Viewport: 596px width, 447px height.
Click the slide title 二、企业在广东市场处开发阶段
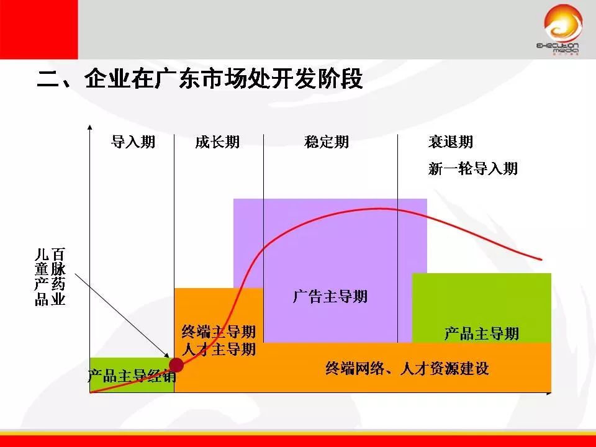pos(200,80)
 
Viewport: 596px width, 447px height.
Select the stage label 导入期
pos(133,142)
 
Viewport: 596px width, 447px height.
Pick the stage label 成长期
pos(217,142)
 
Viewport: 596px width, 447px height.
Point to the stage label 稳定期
pos(327,142)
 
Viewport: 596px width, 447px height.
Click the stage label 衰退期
pos(451,142)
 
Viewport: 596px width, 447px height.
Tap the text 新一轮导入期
pos(473,168)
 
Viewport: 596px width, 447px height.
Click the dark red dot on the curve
pos(176,364)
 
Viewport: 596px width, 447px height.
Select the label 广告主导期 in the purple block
pos(330,296)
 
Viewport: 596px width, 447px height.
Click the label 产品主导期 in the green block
pos(482,333)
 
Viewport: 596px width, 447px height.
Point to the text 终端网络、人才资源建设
pos(407,368)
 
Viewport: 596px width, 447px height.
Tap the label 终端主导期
pos(219,332)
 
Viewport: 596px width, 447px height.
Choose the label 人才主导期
pos(219,350)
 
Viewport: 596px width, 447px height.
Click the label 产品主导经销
pos(132,376)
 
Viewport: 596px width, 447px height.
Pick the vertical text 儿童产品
pos(42,277)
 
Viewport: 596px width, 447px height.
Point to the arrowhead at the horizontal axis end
pos(548,393)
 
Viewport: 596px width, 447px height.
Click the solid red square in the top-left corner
pos(38,29)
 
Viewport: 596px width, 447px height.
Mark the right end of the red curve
pos(542,259)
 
